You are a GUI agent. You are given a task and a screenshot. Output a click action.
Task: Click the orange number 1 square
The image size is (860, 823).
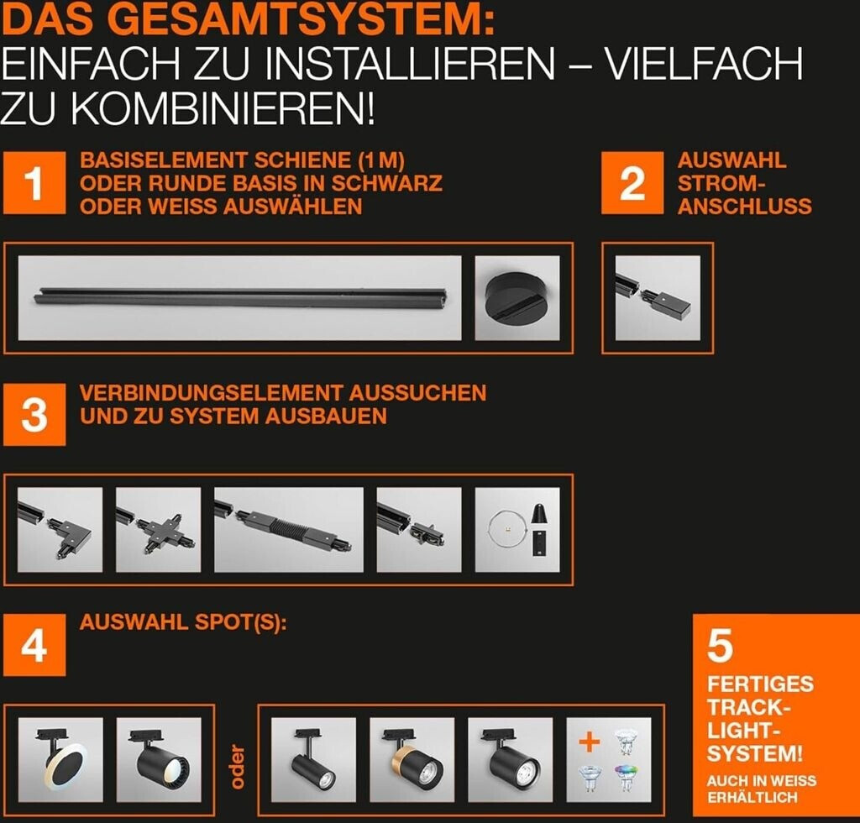(34, 183)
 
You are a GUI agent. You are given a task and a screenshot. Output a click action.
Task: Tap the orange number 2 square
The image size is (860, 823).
(632, 183)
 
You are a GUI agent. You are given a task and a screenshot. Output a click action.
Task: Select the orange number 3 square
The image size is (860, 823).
(34, 415)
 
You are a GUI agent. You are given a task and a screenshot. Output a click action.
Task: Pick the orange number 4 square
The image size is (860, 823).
(34, 645)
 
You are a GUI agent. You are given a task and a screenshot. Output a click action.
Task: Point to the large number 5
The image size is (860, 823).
(720, 646)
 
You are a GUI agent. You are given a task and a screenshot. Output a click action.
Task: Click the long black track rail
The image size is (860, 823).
(240, 296)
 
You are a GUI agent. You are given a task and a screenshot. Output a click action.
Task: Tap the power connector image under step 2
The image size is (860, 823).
(658, 298)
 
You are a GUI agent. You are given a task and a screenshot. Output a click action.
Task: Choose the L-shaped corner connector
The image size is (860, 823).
(60, 530)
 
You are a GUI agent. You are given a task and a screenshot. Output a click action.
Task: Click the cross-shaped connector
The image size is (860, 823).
(158, 530)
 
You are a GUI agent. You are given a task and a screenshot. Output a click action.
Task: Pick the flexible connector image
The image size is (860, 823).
(289, 530)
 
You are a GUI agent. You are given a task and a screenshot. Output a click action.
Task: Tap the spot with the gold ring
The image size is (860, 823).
(412, 759)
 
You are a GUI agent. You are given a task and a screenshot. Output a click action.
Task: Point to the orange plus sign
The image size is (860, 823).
(589, 742)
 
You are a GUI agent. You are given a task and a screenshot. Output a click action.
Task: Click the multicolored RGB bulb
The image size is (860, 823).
(626, 778)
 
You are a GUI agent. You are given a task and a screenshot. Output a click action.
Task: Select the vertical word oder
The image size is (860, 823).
(237, 767)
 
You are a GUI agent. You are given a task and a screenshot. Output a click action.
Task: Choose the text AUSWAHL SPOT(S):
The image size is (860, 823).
(183, 622)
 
